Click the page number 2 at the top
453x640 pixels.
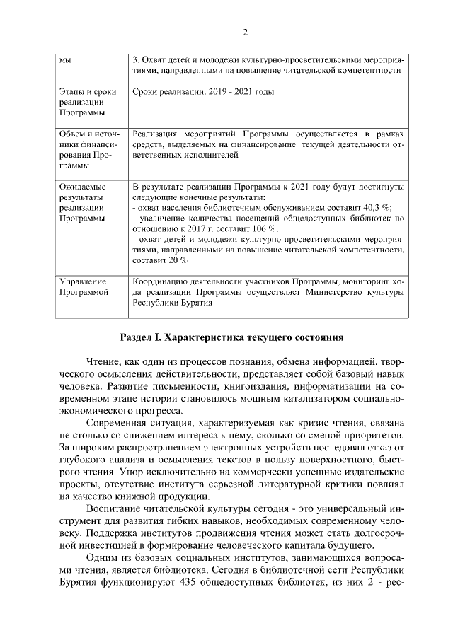click(x=245, y=32)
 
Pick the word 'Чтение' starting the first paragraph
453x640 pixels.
click(x=102, y=363)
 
